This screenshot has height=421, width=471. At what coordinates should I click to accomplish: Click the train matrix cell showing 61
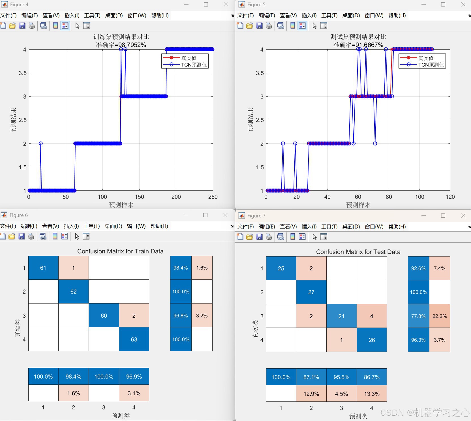43,268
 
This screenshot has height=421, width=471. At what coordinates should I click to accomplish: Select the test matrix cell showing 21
341,316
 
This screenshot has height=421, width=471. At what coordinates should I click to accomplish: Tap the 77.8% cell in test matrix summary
418,316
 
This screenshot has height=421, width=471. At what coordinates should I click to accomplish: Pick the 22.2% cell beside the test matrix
439,316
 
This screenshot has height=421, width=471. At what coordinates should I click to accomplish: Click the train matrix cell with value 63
134,339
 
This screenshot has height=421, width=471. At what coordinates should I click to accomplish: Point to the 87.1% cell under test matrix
311,377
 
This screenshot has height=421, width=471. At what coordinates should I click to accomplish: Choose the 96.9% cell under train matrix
134,377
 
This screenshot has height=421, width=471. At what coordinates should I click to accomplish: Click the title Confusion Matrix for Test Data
358,252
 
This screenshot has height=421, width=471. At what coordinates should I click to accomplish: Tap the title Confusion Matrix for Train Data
120,251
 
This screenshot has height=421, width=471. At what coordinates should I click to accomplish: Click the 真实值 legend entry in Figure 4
189,58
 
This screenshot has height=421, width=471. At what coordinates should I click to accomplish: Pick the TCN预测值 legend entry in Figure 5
431,65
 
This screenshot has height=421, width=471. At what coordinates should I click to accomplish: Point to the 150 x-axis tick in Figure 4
139,197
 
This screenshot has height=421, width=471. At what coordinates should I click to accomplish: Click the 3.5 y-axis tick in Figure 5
260,73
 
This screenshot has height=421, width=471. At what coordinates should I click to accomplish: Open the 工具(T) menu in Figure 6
92,226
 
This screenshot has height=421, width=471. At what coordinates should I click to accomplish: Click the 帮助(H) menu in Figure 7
397,226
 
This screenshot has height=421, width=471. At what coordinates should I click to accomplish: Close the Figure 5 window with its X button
463,5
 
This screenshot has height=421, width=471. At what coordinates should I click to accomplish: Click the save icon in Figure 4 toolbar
22,26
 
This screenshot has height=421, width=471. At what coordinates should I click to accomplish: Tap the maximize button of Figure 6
205,215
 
